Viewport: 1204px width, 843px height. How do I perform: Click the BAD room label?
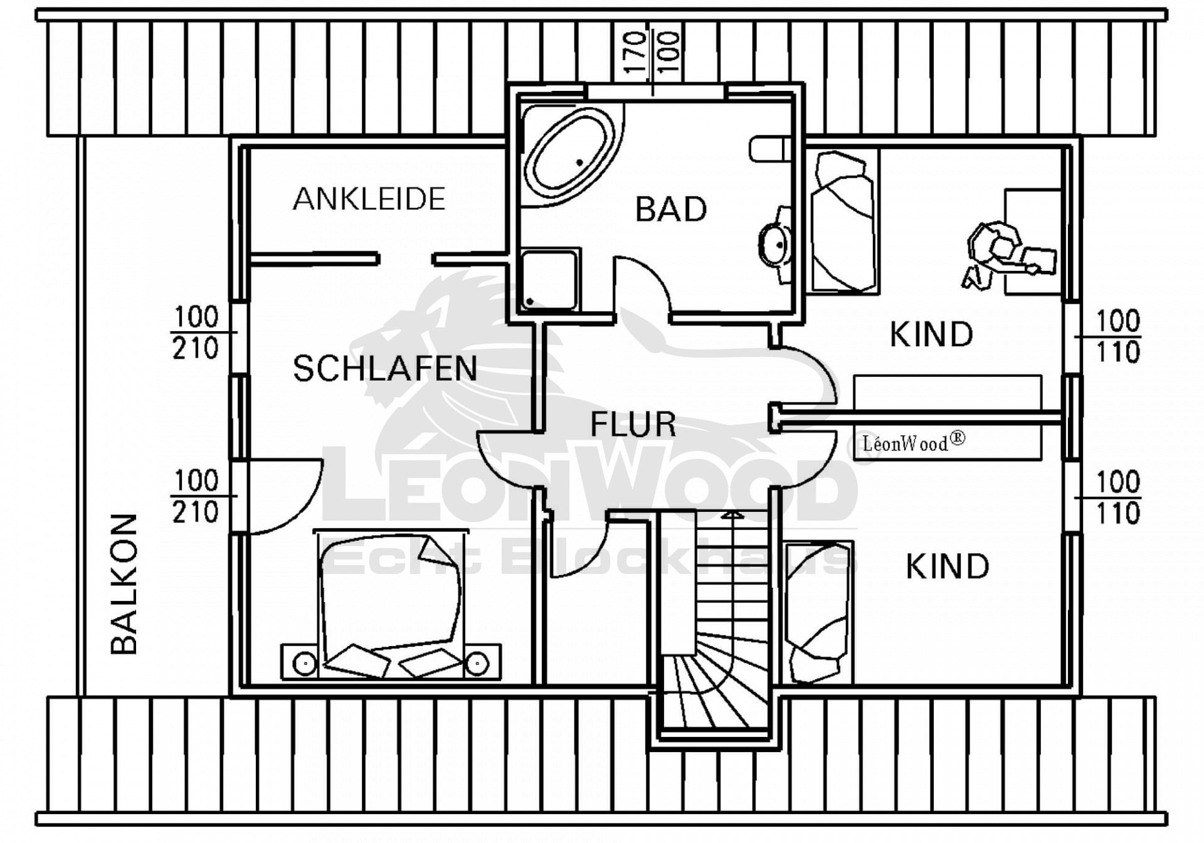coord(670,209)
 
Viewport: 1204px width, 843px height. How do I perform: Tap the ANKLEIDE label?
coord(369,199)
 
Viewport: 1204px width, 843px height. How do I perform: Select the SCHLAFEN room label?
coord(384,368)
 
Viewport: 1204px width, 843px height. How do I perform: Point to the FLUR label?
coord(633,425)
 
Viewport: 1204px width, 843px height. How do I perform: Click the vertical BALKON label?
coord(124,584)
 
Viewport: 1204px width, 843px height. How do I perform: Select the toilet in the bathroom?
coord(770,149)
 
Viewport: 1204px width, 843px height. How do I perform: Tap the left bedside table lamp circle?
coord(305,663)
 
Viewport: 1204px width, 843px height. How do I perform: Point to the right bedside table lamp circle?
coord(477,663)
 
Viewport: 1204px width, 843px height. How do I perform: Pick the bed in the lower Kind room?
coord(818,612)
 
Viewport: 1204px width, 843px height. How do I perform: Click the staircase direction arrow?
coord(732,514)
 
